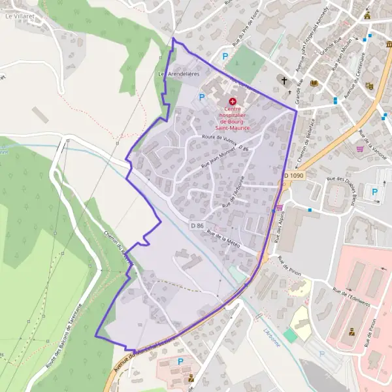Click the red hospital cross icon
(233, 101)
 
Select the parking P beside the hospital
(202, 97)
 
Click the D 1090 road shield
(295, 176)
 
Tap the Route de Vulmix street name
(219, 139)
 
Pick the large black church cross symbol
(284, 80)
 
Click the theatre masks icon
(370, 86)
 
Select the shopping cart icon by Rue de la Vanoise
(359, 148)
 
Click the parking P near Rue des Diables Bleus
(374, 191)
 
